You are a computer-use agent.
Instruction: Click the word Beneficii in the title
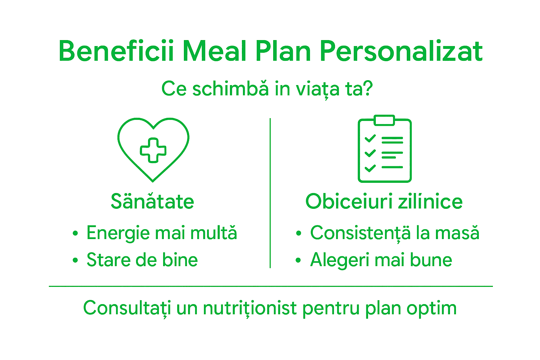(116, 51)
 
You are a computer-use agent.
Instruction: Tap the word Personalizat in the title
(401, 51)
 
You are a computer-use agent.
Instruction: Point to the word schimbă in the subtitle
(230, 88)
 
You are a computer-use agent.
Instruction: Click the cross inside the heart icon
(153, 150)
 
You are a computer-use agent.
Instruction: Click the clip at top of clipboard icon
(385, 120)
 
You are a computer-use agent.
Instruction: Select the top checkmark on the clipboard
(370, 138)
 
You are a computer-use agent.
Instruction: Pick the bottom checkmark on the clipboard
(370, 168)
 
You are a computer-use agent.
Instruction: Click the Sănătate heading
(152, 201)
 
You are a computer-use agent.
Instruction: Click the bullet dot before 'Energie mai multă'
(75, 233)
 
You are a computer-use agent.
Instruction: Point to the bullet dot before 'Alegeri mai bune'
(298, 261)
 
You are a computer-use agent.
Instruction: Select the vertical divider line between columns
(270, 193)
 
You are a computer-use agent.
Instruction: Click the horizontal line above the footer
(271, 286)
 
